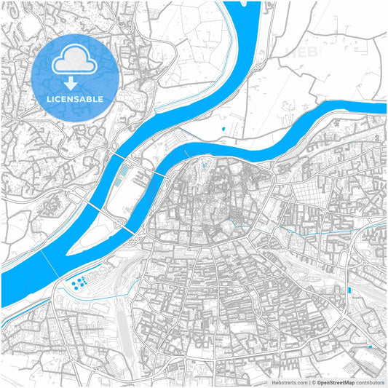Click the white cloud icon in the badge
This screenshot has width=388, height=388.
[75, 61]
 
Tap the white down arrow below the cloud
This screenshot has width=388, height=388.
[75, 83]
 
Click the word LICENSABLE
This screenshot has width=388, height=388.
[75, 98]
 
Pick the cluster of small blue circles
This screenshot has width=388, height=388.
[79, 281]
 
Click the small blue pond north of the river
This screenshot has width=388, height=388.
[223, 130]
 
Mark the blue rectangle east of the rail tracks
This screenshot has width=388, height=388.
[350, 290]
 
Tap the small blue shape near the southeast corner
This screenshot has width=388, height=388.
[371, 347]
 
